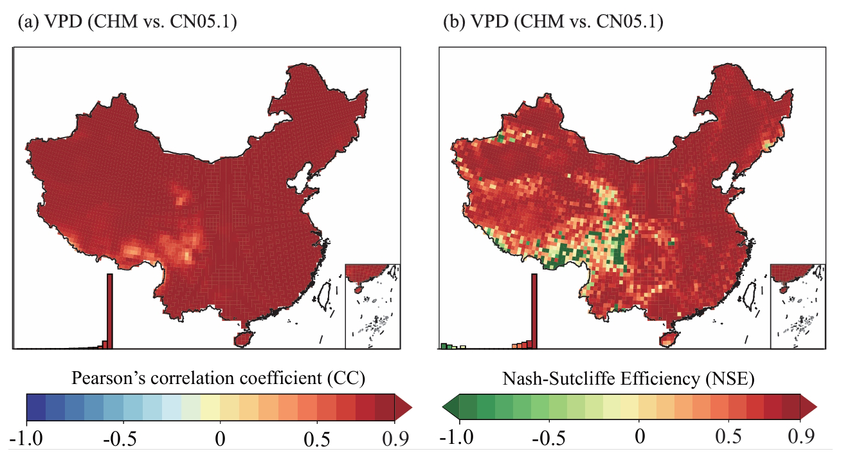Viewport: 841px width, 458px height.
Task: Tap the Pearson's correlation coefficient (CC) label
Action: (219, 379)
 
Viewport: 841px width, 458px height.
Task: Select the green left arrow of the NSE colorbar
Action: (450, 407)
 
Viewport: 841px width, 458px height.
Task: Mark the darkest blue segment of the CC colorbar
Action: (36, 407)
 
